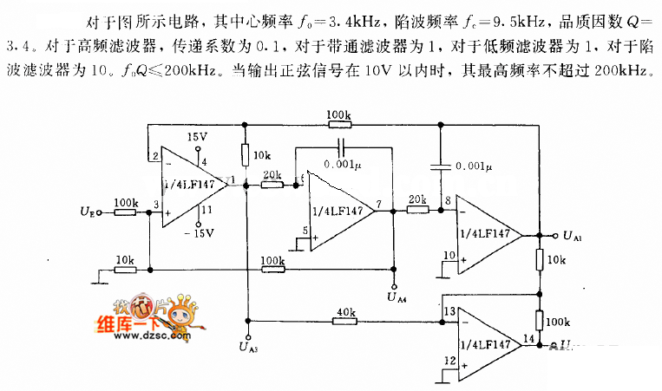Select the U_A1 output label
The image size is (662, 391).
(x=572, y=235)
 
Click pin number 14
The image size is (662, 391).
(x=529, y=337)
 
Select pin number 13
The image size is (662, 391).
(x=449, y=310)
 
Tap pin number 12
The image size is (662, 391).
(x=449, y=360)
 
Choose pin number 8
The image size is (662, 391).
(x=449, y=202)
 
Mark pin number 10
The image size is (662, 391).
(x=449, y=253)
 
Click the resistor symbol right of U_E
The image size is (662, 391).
(x=125, y=211)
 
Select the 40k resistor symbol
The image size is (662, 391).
(x=345, y=322)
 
